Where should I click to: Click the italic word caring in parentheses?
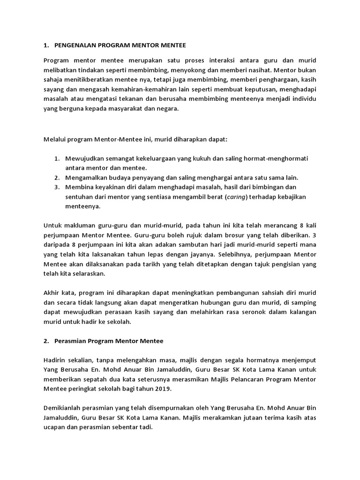[236, 197]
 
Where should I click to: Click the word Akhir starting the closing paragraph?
[52, 293]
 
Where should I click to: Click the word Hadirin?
[56, 360]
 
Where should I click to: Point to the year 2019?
[164, 389]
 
